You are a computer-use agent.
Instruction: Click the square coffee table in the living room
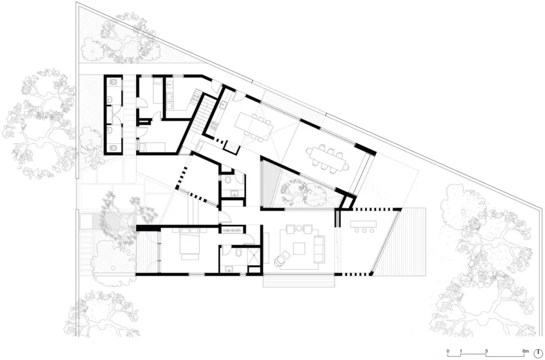(x=300, y=248)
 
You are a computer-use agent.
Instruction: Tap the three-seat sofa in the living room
(x=319, y=248)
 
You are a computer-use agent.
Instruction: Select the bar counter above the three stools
(x=365, y=223)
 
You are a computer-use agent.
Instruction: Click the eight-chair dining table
(x=326, y=157)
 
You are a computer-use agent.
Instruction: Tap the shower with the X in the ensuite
(x=253, y=256)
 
